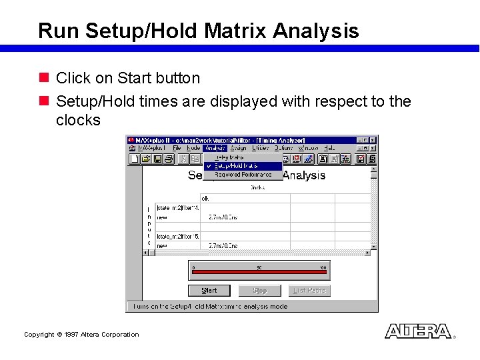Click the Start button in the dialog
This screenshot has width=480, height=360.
(209, 291)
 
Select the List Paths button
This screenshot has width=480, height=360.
(309, 291)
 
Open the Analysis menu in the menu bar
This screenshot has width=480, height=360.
(216, 148)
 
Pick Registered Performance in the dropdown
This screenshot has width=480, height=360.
(243, 175)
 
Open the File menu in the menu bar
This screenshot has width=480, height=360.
(177, 148)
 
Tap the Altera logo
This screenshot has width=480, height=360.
(418, 331)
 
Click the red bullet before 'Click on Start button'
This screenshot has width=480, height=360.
(43, 78)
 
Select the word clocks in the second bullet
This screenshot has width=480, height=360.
(78, 120)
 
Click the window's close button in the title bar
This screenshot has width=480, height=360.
(373, 140)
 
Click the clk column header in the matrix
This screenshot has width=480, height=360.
(205, 198)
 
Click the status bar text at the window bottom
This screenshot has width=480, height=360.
(211, 307)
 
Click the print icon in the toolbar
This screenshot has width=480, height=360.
(169, 159)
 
